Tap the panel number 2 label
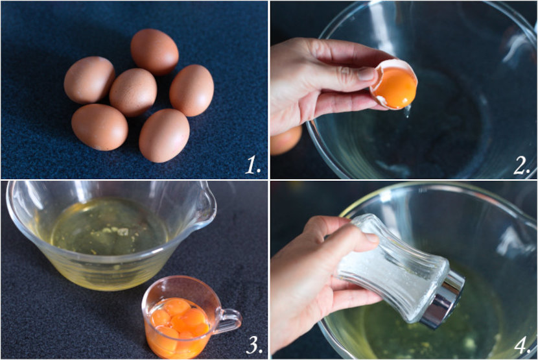(x=522, y=166)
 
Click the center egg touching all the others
(x=133, y=92)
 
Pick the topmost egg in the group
(x=154, y=52)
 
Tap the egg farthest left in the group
(x=89, y=80)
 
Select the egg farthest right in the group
(x=191, y=90)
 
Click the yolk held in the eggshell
(x=395, y=88)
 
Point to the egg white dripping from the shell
(x=407, y=112)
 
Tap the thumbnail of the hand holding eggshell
(x=366, y=74)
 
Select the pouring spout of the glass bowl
(x=207, y=206)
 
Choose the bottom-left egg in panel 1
(x=100, y=127)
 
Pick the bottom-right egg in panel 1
(x=164, y=136)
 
